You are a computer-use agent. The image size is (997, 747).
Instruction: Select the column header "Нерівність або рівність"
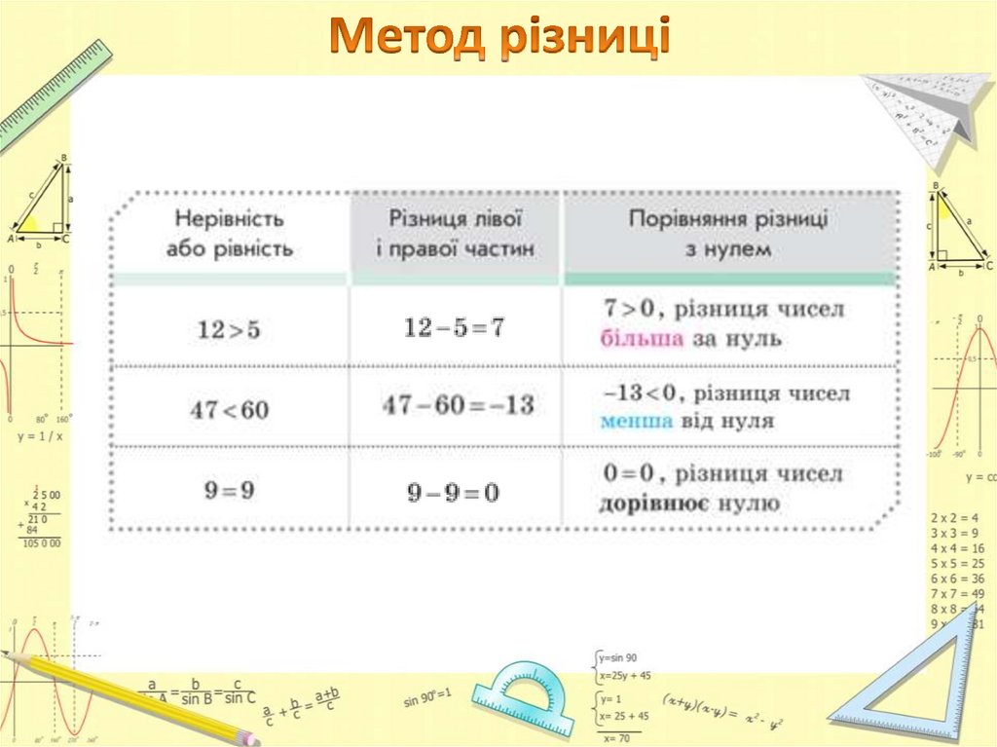point(230,234)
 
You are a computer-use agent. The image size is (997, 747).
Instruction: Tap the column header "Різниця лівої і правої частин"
point(456,234)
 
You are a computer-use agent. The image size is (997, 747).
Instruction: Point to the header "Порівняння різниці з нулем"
point(728,234)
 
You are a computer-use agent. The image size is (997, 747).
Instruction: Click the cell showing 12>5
point(229,330)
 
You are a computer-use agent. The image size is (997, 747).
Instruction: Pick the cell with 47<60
point(229,410)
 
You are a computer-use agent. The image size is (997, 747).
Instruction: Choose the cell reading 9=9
point(229,490)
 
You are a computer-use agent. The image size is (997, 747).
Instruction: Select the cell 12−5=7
point(455,328)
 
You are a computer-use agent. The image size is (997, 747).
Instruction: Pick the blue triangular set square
point(910,682)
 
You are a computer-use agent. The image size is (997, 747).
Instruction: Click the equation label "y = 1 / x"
point(40,436)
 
